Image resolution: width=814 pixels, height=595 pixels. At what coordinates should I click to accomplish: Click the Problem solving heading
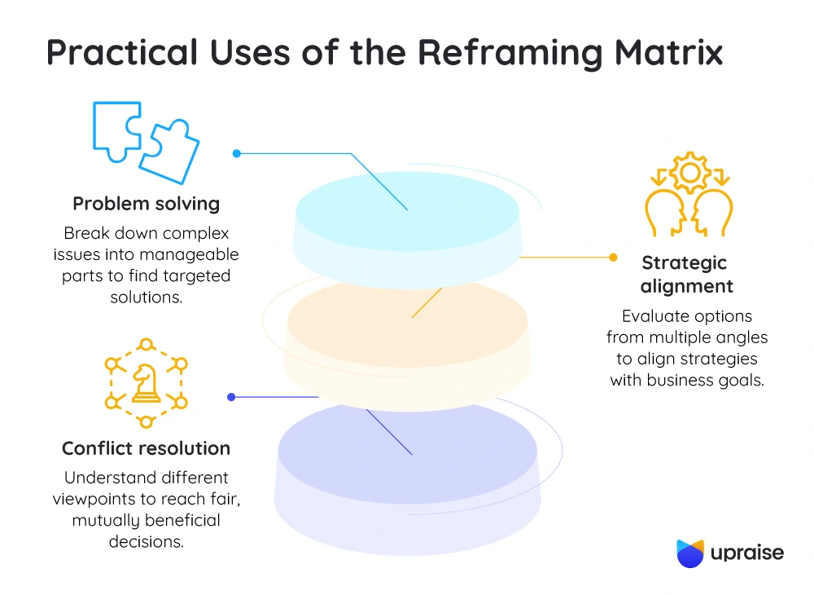tap(146, 203)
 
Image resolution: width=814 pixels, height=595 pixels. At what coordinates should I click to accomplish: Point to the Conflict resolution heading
tap(146, 448)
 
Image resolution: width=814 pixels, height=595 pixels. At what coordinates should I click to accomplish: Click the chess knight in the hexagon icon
tap(147, 383)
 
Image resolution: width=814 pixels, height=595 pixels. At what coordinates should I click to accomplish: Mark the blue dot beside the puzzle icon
tap(236, 153)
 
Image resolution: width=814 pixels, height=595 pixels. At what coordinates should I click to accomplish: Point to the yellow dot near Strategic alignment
tap(613, 258)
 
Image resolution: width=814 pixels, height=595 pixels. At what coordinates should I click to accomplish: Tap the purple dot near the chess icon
tap(231, 397)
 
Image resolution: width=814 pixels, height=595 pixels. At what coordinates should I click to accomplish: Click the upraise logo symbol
tap(690, 553)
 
